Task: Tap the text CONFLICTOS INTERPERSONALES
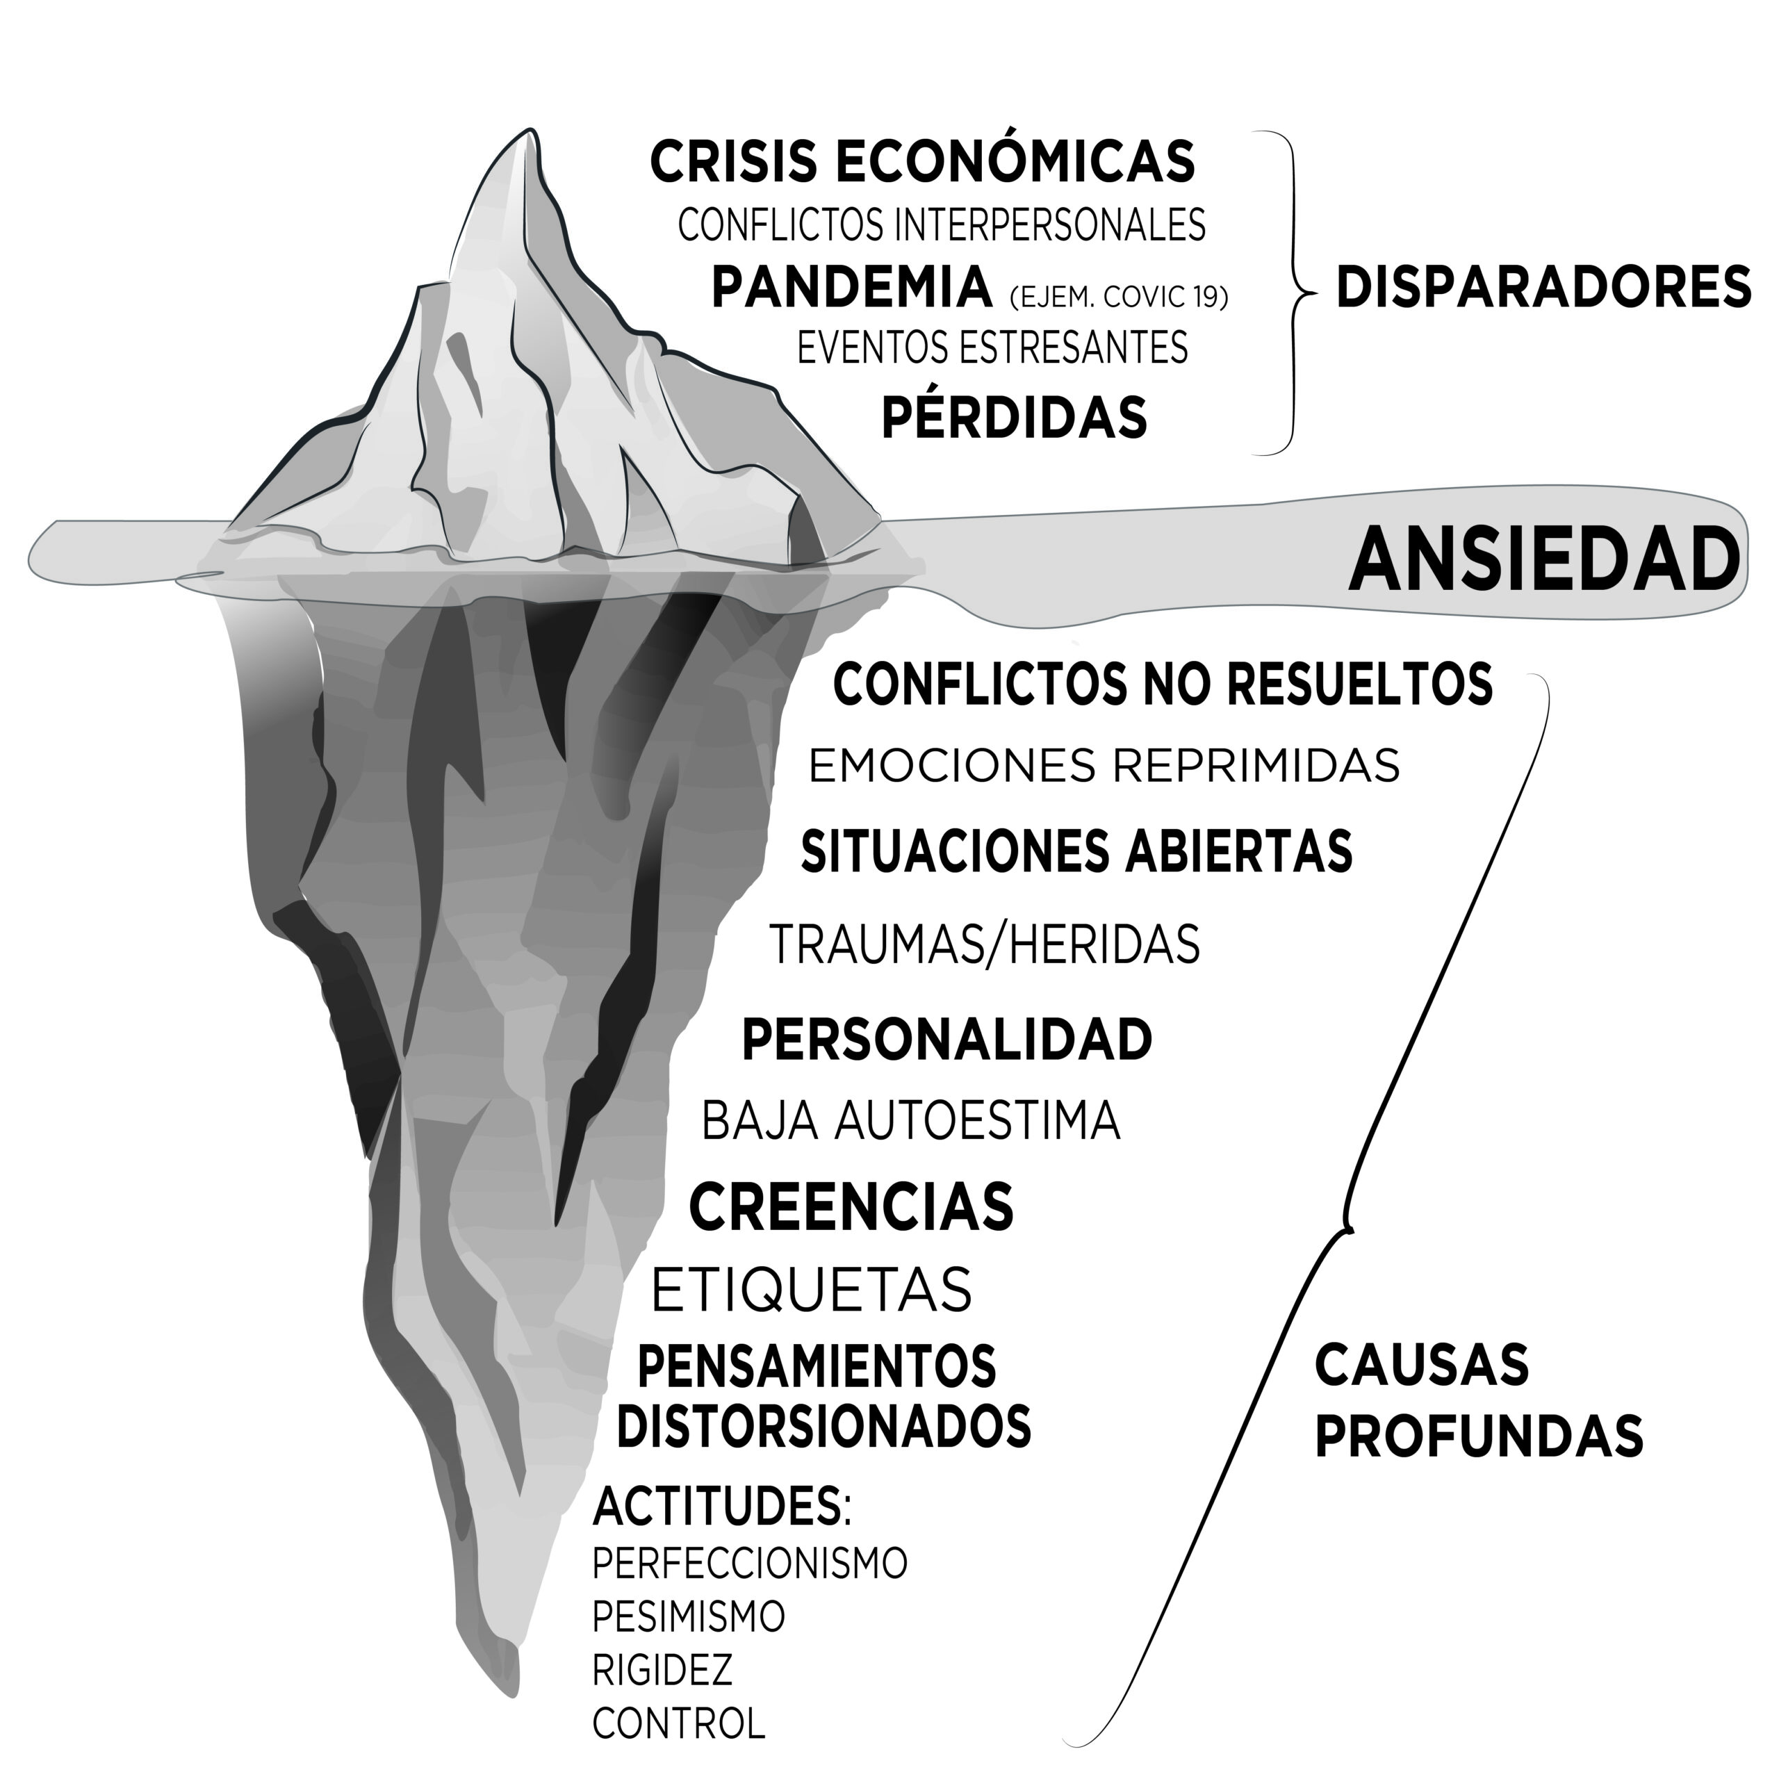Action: pos(941,224)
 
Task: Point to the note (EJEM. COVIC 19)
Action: pos(1119,297)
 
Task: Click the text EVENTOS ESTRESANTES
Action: pos(992,348)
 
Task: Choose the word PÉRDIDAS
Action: pos(1014,417)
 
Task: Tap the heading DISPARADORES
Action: pos(1543,286)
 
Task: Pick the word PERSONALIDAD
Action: pos(946,1040)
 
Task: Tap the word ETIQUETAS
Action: pos(811,1289)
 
